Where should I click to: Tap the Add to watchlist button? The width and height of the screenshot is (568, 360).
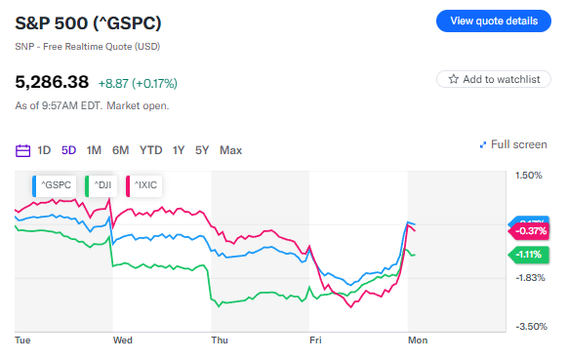(494, 79)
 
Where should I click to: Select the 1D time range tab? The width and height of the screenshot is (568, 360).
(44, 150)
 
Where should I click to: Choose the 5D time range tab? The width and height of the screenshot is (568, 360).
(68, 150)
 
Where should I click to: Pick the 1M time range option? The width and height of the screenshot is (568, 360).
(94, 150)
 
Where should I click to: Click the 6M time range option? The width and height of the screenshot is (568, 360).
(120, 150)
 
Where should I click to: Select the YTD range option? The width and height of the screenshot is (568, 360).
(150, 150)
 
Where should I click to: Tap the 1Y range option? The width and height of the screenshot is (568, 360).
(179, 150)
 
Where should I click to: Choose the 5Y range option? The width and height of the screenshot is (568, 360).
(202, 150)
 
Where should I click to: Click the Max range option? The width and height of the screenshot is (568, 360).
(230, 150)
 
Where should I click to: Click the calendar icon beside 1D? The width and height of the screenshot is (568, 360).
(23, 150)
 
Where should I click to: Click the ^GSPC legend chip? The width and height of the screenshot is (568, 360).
(55, 183)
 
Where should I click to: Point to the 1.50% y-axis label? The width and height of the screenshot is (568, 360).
(528, 176)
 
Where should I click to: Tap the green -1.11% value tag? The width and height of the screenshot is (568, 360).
(527, 254)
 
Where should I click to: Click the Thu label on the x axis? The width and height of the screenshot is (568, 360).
(220, 340)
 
